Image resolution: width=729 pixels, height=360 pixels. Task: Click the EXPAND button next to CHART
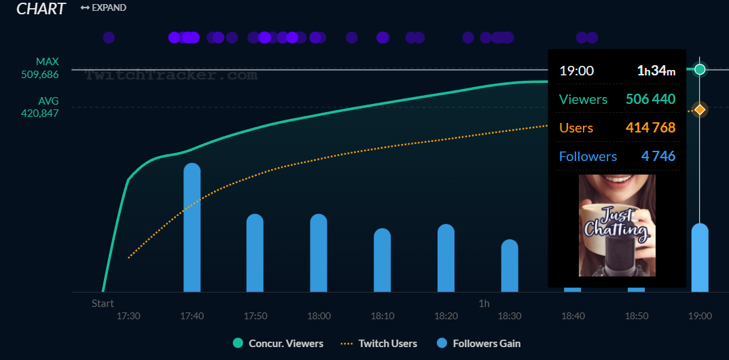103,7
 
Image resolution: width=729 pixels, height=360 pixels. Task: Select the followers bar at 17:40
192,228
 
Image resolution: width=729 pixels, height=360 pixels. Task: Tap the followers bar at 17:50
255,253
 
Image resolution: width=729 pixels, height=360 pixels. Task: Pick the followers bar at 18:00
319,253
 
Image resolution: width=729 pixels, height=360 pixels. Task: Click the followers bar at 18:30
510,266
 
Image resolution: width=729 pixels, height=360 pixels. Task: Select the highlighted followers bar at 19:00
700,258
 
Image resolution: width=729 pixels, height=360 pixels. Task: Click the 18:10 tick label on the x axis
383,316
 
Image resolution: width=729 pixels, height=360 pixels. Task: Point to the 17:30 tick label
128,316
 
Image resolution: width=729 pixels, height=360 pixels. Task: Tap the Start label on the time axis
103,303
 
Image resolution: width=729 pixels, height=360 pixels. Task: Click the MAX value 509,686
39,75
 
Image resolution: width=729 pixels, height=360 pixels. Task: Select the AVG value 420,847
39,113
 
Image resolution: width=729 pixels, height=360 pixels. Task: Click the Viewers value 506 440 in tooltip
650,99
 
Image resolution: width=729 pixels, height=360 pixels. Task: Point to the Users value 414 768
650,128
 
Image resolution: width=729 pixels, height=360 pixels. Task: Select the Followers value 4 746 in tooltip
658,156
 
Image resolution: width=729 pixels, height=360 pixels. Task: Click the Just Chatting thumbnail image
617,226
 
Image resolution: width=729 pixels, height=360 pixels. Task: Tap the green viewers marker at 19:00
700,69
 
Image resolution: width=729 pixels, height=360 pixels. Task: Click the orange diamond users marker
700,109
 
